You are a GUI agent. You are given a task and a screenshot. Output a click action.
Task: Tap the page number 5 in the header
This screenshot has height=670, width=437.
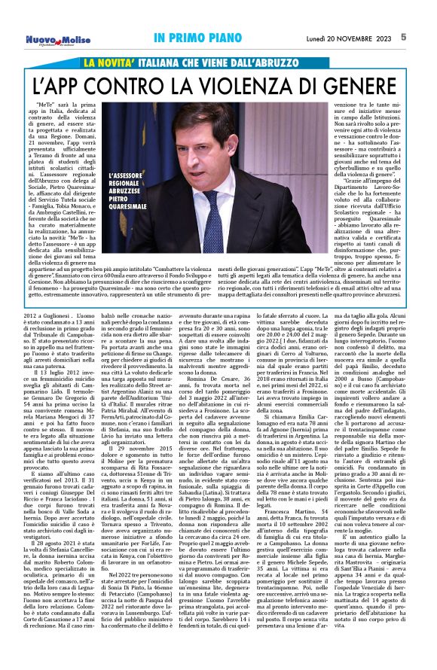tap(425, 36)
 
